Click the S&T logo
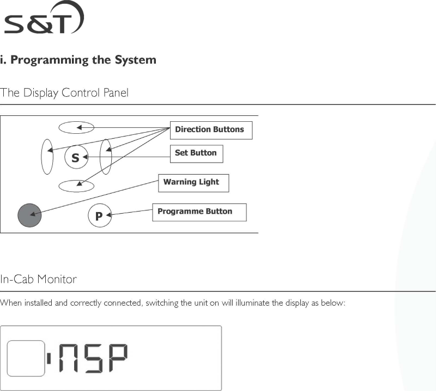[44, 20]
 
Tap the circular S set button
[76, 158]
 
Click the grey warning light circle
[29, 215]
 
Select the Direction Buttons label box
[211, 130]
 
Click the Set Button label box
[196, 153]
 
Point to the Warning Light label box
[193, 183]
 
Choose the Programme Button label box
[199, 212]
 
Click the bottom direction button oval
[76, 185]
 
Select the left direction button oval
[47, 157]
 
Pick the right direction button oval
[106, 157]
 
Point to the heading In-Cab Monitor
[39, 280]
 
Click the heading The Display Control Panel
[64, 93]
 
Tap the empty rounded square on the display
[25, 358]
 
